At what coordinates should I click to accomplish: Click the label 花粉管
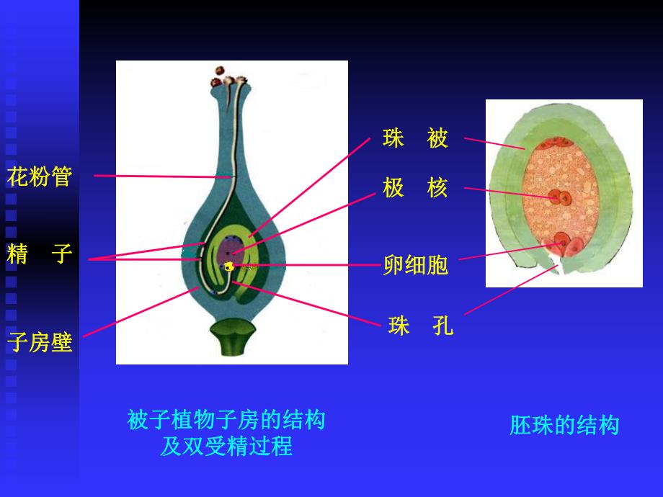click(x=40, y=176)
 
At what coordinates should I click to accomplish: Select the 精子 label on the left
click(x=40, y=254)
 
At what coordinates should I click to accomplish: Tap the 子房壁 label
click(x=40, y=342)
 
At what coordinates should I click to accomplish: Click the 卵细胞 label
click(x=416, y=265)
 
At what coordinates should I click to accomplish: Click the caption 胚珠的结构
click(x=564, y=425)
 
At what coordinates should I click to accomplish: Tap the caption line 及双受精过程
click(x=226, y=447)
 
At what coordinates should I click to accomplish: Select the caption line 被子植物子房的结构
click(x=226, y=419)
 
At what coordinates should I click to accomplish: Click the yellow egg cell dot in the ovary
click(x=229, y=267)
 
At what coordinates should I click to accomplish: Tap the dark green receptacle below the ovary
click(x=232, y=339)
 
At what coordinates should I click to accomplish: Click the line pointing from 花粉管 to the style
click(x=162, y=176)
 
